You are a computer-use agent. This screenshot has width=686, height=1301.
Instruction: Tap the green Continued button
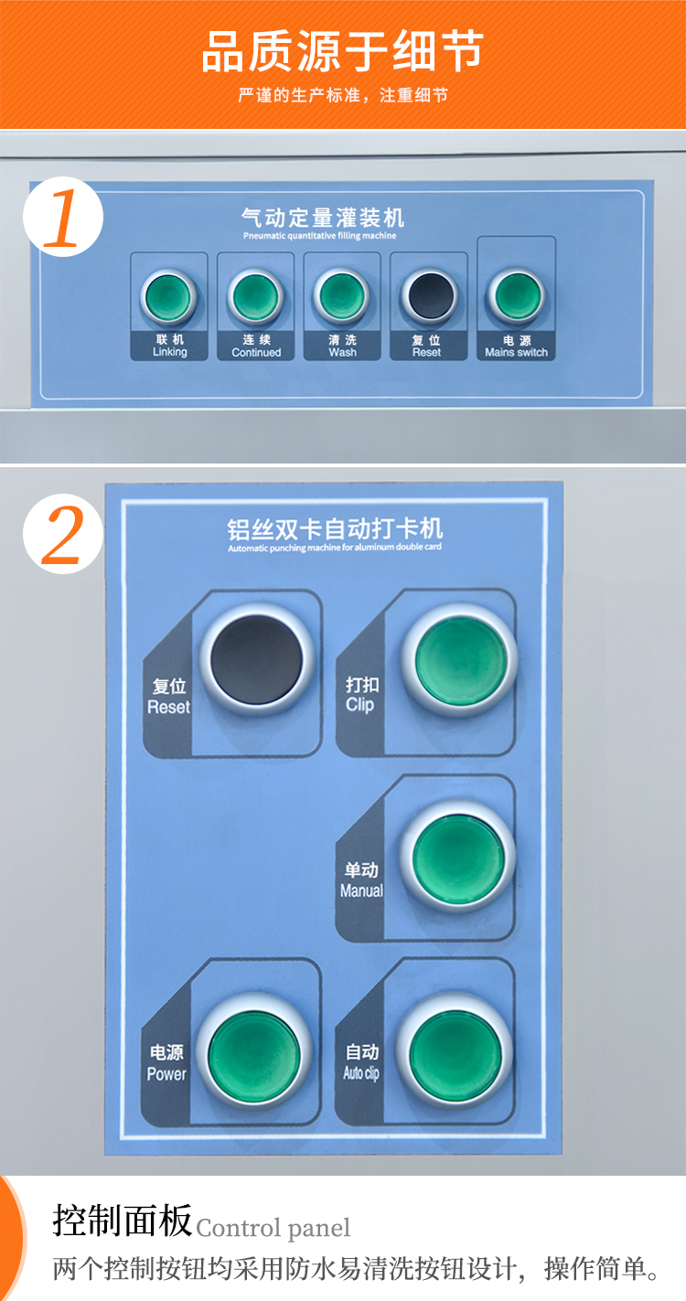coord(255,297)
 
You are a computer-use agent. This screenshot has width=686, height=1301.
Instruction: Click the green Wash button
coord(341,296)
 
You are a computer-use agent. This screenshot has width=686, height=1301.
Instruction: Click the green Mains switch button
coord(516,296)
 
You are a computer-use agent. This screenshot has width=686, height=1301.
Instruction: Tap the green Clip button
coord(460,660)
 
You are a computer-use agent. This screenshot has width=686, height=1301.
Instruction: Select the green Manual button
coord(457,858)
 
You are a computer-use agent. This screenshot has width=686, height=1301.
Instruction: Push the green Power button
coord(254,1050)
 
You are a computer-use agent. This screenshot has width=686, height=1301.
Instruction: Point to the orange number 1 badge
coord(63,217)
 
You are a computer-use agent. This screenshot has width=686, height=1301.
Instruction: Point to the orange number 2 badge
coord(63,534)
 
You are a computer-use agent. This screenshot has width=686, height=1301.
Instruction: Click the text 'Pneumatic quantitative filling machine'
coord(319,236)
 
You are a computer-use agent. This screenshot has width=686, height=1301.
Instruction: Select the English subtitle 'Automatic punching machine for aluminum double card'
coord(335,548)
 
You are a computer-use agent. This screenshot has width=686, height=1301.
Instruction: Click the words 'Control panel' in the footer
coord(273,1228)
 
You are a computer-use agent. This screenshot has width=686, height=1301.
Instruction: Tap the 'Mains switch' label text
coord(517,353)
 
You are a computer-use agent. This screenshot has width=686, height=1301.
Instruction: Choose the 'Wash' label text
coord(343,353)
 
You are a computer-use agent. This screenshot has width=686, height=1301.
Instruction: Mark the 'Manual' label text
coord(361,890)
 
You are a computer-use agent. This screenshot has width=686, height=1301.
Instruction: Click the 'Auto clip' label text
coord(361,1072)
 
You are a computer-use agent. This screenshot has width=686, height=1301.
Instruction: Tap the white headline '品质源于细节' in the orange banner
coord(343,51)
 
